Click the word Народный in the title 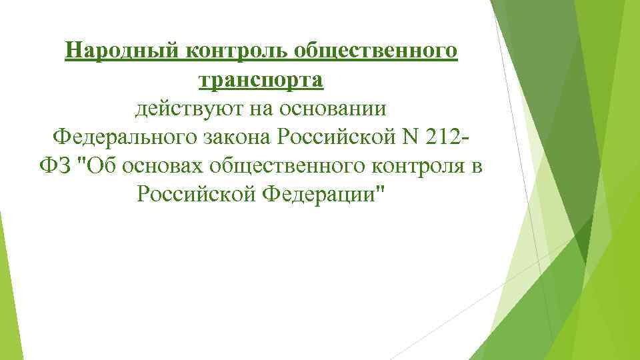(x=112, y=51)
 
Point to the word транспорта (x=261, y=79)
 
